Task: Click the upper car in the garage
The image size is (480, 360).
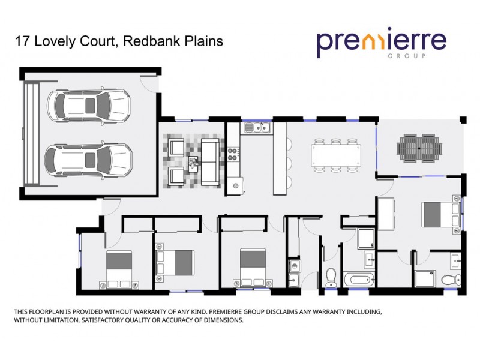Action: [89, 106]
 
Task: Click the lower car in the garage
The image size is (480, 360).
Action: [89, 159]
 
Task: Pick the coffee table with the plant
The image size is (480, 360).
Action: [194, 161]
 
